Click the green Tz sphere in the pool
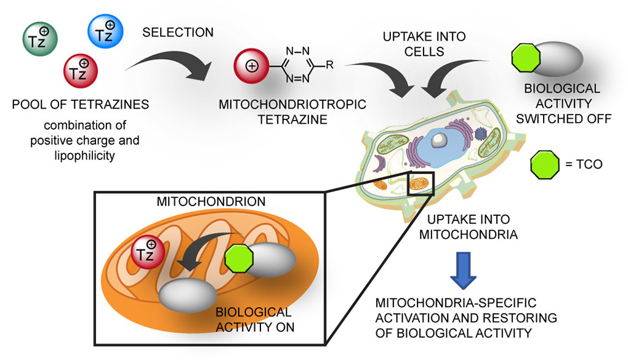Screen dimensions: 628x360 40,39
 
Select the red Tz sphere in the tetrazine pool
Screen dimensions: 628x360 81,71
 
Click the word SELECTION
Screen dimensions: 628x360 178,33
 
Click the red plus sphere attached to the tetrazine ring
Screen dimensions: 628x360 252,66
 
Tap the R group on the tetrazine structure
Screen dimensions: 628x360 329,65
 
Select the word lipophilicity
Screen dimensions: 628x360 84,155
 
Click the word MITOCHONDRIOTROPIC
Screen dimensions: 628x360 292,105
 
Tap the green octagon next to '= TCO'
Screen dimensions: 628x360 545,164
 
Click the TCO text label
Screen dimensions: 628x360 589,164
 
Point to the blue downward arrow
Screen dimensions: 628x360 464,270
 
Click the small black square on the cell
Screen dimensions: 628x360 420,184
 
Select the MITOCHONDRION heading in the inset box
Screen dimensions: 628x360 211,201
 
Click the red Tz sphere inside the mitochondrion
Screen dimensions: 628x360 148,253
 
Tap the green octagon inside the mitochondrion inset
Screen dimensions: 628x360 239,258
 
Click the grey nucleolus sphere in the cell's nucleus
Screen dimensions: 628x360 439,140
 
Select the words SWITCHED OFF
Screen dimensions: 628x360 563,119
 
